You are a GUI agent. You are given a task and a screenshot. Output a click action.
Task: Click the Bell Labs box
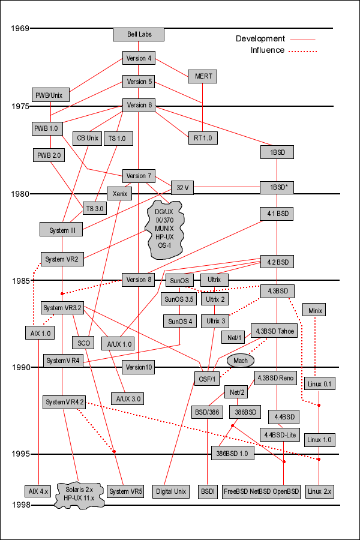(x=139, y=34)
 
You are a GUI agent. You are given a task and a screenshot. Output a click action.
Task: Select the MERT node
(x=202, y=76)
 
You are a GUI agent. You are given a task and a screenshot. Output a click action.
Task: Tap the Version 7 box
(x=139, y=176)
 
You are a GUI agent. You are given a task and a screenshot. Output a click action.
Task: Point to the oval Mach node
(x=241, y=360)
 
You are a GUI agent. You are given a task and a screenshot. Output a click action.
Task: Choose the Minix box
(x=316, y=310)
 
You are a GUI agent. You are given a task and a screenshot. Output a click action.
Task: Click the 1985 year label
(x=20, y=280)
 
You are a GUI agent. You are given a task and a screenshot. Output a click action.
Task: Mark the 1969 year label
(x=20, y=28)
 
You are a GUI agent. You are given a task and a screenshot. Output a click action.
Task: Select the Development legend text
(x=260, y=38)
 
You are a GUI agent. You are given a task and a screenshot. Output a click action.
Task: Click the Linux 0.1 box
(x=319, y=383)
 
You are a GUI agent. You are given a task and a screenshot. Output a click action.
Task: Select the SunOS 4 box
(x=181, y=321)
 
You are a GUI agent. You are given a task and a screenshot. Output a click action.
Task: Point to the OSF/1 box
(x=206, y=379)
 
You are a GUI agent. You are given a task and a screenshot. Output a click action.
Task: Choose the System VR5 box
(x=126, y=491)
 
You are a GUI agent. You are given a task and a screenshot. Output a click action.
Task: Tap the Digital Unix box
(x=171, y=491)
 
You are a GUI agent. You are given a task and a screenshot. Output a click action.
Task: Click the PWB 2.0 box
(x=49, y=155)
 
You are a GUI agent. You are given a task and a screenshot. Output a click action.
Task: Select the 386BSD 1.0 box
(x=233, y=453)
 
